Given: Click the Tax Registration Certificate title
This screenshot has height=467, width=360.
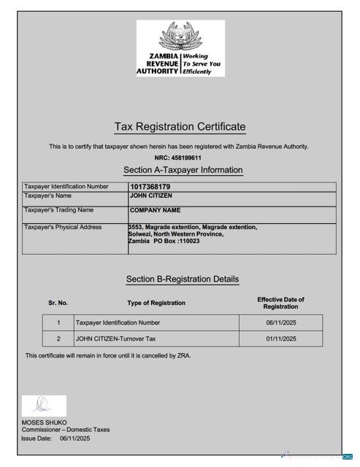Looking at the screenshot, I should click(x=180, y=127).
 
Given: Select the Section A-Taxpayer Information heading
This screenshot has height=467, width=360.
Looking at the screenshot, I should click(x=183, y=170).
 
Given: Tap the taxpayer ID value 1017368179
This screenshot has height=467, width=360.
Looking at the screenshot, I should click(x=150, y=187).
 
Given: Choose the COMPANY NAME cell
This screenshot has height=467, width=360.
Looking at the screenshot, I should click(x=155, y=211).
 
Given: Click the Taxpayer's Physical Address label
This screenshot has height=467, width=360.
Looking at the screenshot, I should click(x=63, y=228).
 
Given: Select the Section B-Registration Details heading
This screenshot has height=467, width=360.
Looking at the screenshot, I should click(x=182, y=279).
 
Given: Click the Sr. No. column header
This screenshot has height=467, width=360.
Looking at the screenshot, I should click(x=58, y=303).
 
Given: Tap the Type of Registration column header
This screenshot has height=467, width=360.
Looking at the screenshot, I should click(x=156, y=303).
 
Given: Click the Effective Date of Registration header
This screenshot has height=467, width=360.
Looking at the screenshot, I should click(x=280, y=303).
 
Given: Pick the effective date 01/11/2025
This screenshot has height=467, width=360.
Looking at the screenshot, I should click(x=281, y=339).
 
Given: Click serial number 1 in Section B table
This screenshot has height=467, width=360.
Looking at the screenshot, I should click(x=58, y=323).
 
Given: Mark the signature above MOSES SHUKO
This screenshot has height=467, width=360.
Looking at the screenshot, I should click(x=43, y=405).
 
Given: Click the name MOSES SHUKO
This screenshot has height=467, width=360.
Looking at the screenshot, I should click(x=44, y=422).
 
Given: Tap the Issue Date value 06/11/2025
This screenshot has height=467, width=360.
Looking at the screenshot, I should click(x=75, y=439).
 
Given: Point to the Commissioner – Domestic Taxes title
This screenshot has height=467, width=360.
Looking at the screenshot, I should click(x=66, y=430).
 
